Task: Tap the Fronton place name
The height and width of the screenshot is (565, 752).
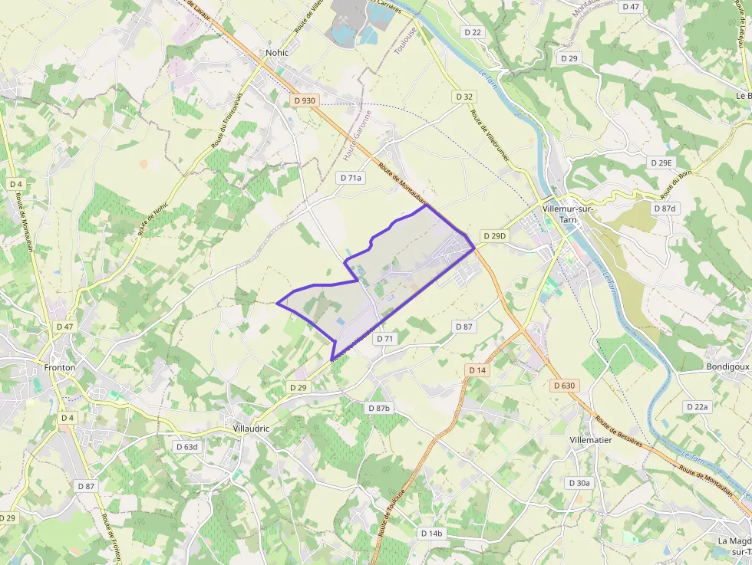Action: click(59, 367)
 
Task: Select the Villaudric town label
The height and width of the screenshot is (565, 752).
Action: click(251, 429)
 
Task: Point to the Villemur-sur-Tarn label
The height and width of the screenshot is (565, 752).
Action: click(569, 214)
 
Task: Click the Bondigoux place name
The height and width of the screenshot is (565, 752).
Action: click(727, 367)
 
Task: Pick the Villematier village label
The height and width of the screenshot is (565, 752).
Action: click(591, 440)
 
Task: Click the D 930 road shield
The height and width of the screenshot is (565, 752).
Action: click(305, 100)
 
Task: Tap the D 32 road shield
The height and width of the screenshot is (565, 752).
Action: click(464, 97)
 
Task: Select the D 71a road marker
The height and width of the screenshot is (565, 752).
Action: click(351, 177)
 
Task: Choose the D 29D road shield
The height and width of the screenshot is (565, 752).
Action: click(495, 235)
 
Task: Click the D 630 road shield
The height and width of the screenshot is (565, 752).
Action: click(563, 386)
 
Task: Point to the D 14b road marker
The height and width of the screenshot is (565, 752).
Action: click(432, 533)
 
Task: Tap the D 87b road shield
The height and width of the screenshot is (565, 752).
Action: click(378, 408)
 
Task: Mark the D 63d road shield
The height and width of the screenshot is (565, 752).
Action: click(186, 446)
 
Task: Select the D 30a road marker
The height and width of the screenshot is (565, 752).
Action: click(579, 483)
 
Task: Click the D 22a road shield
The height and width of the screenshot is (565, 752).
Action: click(698, 406)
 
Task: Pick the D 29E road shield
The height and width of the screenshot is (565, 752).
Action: click(661, 163)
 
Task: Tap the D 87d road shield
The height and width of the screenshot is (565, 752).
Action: click(665, 209)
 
